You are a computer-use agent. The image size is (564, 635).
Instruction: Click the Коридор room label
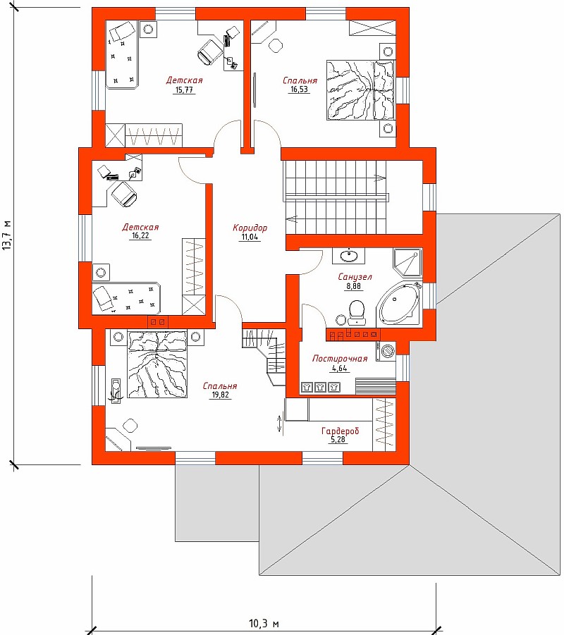click(x=250, y=228)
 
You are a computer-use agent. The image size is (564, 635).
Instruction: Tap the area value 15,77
click(x=184, y=90)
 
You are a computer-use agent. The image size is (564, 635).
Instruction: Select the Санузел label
click(x=355, y=277)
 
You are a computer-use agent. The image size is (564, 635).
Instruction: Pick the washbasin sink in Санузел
click(x=348, y=256)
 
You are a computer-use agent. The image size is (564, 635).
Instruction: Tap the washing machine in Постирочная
click(x=386, y=351)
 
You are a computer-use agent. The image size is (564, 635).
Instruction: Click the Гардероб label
click(x=341, y=431)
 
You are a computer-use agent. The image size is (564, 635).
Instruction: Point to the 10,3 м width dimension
click(x=264, y=623)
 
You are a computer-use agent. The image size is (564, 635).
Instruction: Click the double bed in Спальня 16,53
click(x=360, y=90)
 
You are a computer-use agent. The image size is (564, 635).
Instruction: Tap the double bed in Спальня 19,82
click(x=158, y=364)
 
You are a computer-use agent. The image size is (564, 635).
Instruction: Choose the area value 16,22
click(x=140, y=235)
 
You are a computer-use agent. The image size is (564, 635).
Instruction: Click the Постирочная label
click(x=340, y=359)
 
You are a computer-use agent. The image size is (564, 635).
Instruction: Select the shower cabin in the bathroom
click(x=407, y=263)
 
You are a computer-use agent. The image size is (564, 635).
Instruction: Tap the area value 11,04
click(x=250, y=237)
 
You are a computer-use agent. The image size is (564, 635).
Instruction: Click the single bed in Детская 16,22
click(x=126, y=299)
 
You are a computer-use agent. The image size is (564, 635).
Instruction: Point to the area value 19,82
click(x=219, y=395)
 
